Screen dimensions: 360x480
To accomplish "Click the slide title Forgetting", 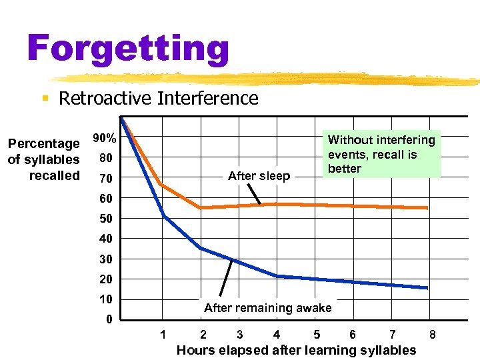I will [x=128, y=48].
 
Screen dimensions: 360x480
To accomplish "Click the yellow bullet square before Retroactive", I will [x=45, y=99].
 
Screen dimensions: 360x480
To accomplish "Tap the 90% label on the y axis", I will [x=105, y=139].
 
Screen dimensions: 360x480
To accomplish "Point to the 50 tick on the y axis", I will [x=106, y=219].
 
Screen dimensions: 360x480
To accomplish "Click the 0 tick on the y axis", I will [x=109, y=319].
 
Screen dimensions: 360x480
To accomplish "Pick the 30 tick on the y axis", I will [x=106, y=259].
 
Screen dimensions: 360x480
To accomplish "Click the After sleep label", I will [x=259, y=176].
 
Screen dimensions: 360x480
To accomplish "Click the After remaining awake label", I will [x=267, y=307].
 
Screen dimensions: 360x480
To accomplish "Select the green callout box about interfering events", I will [x=381, y=154].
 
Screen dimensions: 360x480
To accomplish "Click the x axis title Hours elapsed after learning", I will [x=296, y=350].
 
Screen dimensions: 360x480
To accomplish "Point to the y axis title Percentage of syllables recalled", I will [x=43, y=159].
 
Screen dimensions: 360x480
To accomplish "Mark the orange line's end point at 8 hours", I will [x=427, y=208].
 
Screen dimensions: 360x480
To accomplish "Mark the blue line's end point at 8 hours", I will [x=427, y=288].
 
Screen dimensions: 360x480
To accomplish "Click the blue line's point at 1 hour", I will [x=163, y=215].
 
